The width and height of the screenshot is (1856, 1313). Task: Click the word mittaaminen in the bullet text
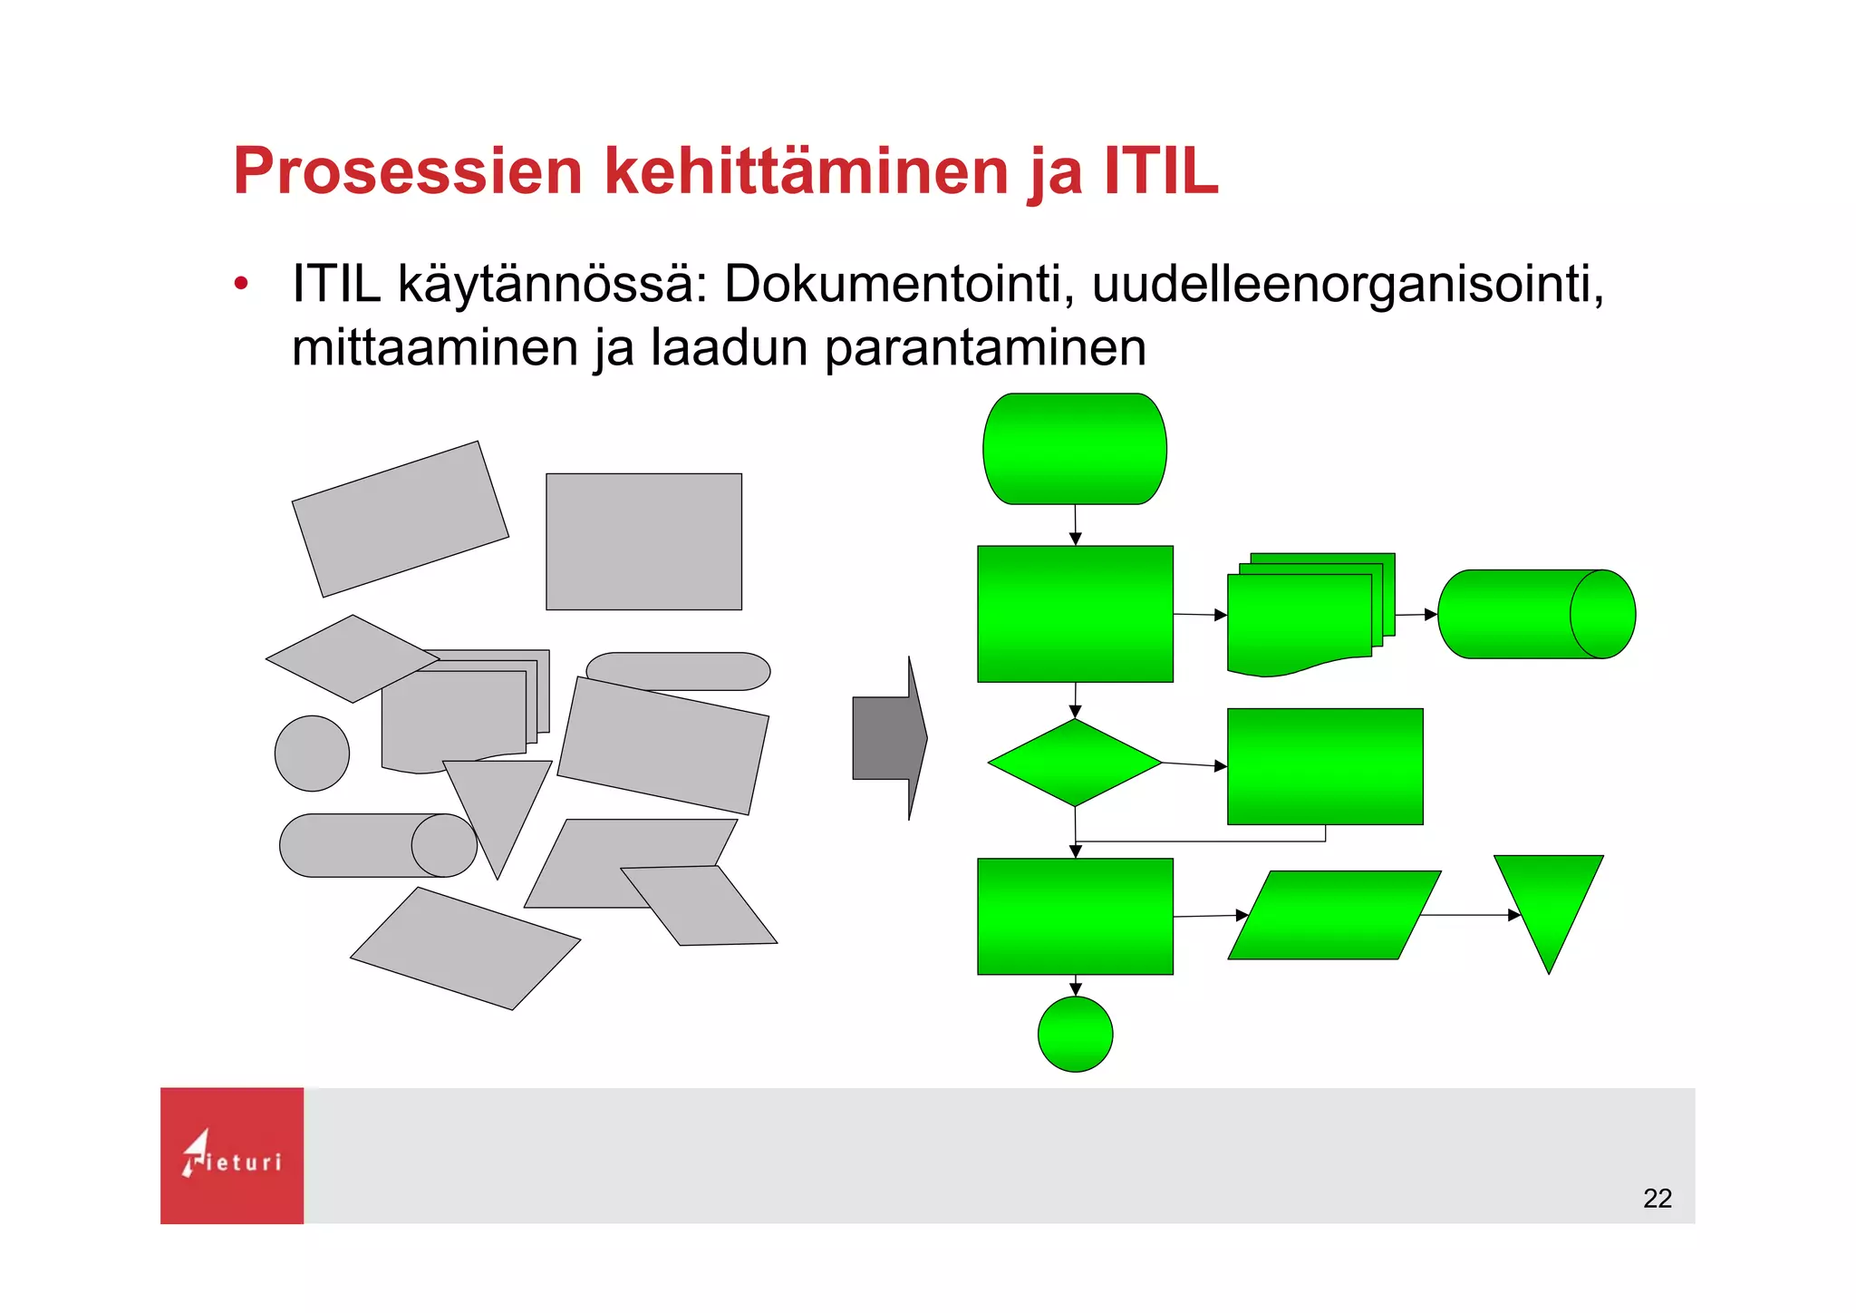[x=434, y=347]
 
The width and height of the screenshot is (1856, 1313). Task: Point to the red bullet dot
[x=240, y=285]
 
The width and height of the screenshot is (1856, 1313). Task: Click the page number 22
[x=1657, y=1198]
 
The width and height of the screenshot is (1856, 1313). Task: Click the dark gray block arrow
[x=889, y=739]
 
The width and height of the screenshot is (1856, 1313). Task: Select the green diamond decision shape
[x=1075, y=763]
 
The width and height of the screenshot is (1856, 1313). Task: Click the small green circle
[x=1075, y=1034]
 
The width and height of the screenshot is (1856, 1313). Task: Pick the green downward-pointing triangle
[x=1548, y=902]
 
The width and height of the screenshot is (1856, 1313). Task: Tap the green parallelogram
[x=1334, y=915]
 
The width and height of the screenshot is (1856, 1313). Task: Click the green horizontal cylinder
[x=1536, y=614]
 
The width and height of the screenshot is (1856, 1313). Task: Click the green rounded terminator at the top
[x=1075, y=449]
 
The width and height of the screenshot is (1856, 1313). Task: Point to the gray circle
[x=312, y=753]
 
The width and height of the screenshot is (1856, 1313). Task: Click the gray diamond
[x=352, y=659]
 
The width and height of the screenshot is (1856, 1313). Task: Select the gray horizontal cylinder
[x=362, y=845]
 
